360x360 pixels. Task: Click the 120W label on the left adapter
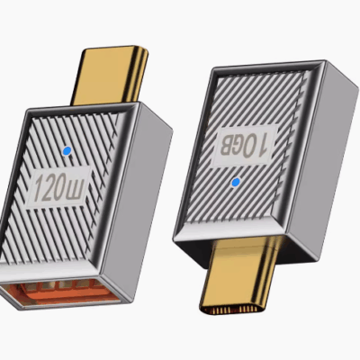[x=64, y=189]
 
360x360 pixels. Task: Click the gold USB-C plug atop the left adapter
[x=113, y=73]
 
